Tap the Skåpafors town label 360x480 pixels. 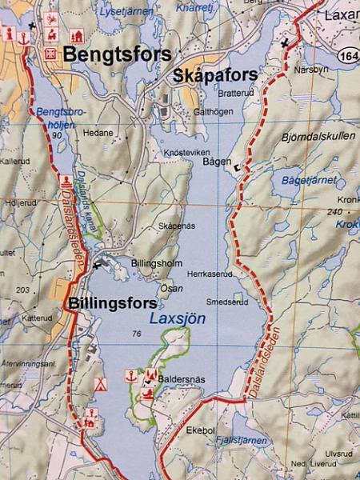[214, 75]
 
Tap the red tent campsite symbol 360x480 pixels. [100, 384]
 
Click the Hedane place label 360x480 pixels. [95, 135]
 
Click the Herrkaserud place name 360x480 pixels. [210, 273]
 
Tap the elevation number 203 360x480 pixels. [22, 290]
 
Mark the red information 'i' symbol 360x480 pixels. [9, 34]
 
